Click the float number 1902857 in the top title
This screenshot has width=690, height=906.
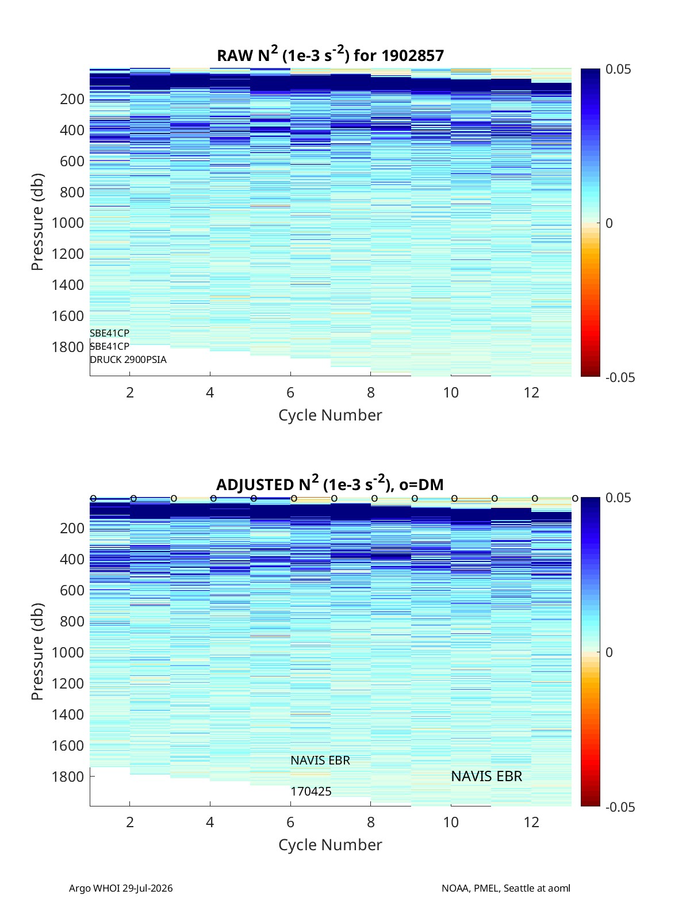coord(412,56)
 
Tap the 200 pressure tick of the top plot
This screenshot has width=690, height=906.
coord(72,99)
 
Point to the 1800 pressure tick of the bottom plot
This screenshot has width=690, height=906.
coord(68,777)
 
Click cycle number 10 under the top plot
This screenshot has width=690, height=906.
coord(451,392)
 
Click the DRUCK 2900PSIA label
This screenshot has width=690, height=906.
coord(128,360)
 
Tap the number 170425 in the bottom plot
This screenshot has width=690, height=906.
coord(311,792)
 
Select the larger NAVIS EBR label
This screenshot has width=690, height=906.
coord(486,776)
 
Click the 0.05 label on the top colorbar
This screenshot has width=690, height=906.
coord(618,69)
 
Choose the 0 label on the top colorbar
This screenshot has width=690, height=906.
coord(609,223)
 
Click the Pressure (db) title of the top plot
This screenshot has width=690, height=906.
coord(37,222)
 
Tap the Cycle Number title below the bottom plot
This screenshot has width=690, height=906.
coord(331,844)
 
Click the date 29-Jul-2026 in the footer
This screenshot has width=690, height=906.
coord(148,888)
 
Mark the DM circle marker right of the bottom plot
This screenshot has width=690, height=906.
coord(575,499)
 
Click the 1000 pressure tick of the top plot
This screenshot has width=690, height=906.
coord(68,223)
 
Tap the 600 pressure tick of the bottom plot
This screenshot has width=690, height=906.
coord(72,590)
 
